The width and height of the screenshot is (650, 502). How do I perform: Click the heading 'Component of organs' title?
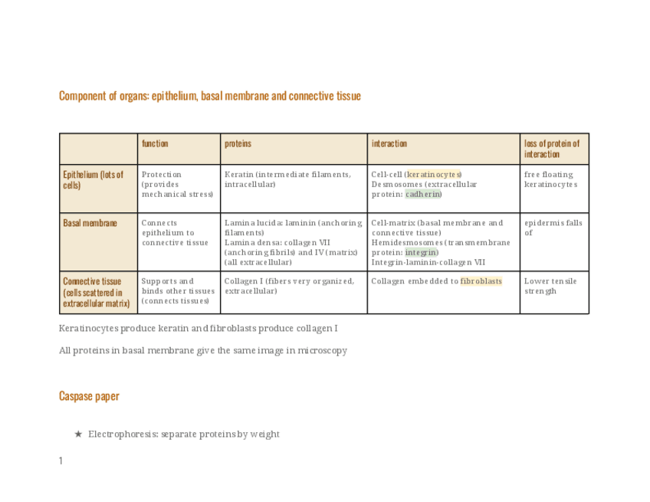click(209, 96)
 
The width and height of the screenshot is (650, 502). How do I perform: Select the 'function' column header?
click(155, 143)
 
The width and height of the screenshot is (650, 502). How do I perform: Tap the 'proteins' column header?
click(238, 143)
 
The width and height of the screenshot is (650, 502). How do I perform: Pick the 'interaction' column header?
click(389, 143)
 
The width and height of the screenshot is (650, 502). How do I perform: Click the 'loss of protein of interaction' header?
click(552, 149)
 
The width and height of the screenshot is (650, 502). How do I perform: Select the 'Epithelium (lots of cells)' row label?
click(93, 179)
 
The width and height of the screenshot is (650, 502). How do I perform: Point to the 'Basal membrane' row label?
click(90, 223)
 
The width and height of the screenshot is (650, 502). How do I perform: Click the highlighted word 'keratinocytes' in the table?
click(434, 174)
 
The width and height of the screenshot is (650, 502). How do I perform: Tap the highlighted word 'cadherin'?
click(423, 194)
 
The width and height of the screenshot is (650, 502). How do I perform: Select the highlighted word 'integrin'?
click(421, 252)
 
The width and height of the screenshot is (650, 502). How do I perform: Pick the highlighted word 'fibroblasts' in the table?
click(481, 281)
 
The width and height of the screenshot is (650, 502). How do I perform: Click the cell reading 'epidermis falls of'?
click(553, 228)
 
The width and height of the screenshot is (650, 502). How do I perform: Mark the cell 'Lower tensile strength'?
click(550, 286)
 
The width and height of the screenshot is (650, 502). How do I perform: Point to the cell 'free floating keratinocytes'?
click(550, 179)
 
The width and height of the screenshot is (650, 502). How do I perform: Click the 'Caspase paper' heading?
click(89, 396)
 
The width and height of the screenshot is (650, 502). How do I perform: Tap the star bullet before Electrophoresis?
click(78, 434)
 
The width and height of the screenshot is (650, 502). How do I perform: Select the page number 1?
click(61, 461)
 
